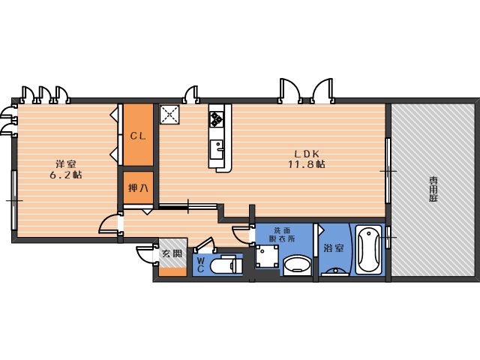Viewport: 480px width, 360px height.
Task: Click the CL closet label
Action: [138, 136]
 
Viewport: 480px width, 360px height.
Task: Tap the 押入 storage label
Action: [138, 187]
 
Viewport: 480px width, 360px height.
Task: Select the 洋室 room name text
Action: [66, 163]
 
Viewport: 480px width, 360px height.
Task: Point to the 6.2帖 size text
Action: [66, 175]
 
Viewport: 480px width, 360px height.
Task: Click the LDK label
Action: [307, 153]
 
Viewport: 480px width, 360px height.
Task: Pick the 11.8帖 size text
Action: [307, 164]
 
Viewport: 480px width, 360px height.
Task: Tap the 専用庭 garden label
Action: [433, 189]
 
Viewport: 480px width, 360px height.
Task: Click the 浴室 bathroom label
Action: [333, 248]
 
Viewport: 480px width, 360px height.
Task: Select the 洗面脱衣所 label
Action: [282, 235]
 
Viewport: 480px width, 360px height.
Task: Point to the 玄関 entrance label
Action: [172, 253]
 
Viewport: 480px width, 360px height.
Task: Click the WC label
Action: [200, 265]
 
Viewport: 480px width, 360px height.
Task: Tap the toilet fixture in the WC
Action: [226, 265]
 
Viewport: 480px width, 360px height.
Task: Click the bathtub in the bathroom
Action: [368, 250]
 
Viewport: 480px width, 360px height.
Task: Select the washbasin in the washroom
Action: [297, 265]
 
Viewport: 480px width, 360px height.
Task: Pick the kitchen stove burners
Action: [217, 118]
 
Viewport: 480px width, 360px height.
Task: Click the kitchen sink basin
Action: [217, 149]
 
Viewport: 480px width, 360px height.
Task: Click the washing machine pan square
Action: [267, 256]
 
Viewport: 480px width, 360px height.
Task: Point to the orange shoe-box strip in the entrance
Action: [172, 271]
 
